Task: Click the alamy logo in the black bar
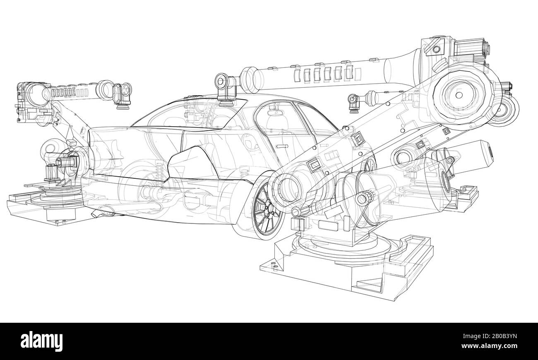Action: click(42, 341)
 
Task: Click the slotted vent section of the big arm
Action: click(325, 73)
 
